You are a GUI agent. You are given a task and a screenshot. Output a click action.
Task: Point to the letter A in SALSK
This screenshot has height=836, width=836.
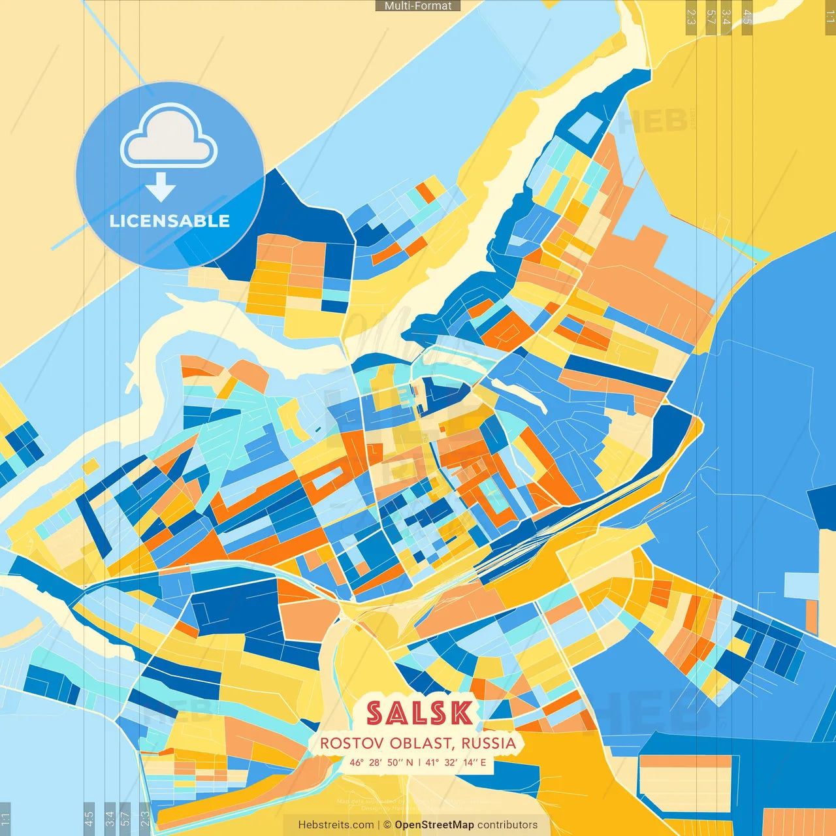click(x=397, y=713)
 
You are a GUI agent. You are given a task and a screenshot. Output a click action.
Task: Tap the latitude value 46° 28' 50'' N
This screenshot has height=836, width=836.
click(x=381, y=762)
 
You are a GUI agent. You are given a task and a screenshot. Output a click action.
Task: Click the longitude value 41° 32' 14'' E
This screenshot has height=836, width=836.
click(x=456, y=762)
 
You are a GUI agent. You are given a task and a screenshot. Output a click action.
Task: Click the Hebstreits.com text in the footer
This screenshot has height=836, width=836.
click(x=336, y=825)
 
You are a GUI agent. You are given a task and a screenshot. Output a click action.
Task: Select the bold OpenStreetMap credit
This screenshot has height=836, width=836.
click(x=434, y=825)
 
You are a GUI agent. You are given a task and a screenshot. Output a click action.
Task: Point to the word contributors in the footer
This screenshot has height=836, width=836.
click(x=507, y=825)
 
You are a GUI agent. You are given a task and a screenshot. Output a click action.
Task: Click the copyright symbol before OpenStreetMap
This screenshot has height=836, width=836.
click(x=387, y=825)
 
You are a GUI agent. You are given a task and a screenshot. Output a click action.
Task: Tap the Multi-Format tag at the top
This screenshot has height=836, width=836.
click(x=418, y=6)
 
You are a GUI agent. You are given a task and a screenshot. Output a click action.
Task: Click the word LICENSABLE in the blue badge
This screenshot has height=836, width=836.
click(x=170, y=221)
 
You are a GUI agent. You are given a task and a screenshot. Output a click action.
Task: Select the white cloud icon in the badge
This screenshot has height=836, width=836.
click(x=169, y=136)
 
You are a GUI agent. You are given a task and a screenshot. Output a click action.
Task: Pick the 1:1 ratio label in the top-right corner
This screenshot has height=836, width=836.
click(x=830, y=17)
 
